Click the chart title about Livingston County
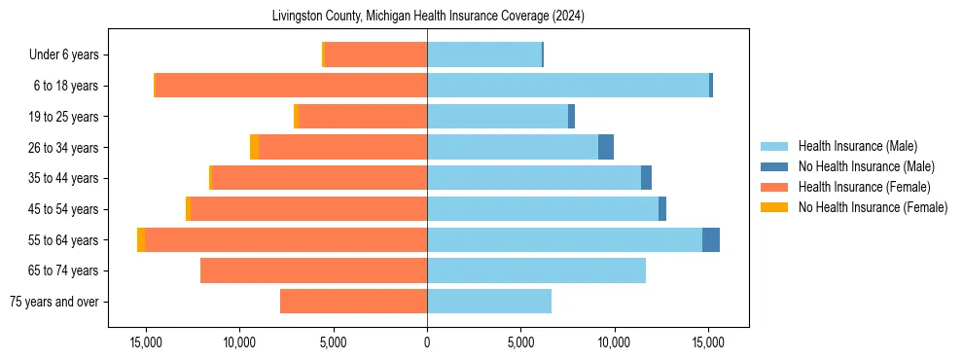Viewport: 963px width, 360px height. pos(427,16)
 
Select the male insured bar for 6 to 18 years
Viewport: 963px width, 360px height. pos(568,86)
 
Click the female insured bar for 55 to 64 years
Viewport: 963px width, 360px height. pos(286,239)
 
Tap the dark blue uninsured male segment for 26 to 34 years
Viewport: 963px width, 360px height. pos(606,147)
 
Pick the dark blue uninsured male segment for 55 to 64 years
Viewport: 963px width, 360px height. pos(711,239)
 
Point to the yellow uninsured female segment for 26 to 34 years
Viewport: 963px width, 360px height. pos(254,147)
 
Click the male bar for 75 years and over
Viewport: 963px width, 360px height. pos(489,302)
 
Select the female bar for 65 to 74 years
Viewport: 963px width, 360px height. pos(313,270)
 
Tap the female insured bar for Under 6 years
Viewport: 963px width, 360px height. pos(375,54)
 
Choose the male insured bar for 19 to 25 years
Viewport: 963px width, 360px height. pos(497,116)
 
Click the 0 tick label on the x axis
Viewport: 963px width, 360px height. pos(427,343)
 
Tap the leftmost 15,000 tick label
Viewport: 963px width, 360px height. pos(146,343)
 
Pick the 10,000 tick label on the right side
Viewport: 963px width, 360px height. pos(614,343)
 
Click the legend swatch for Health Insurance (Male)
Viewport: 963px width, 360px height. pos(775,146)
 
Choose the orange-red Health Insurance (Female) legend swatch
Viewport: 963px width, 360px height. pos(775,187)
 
